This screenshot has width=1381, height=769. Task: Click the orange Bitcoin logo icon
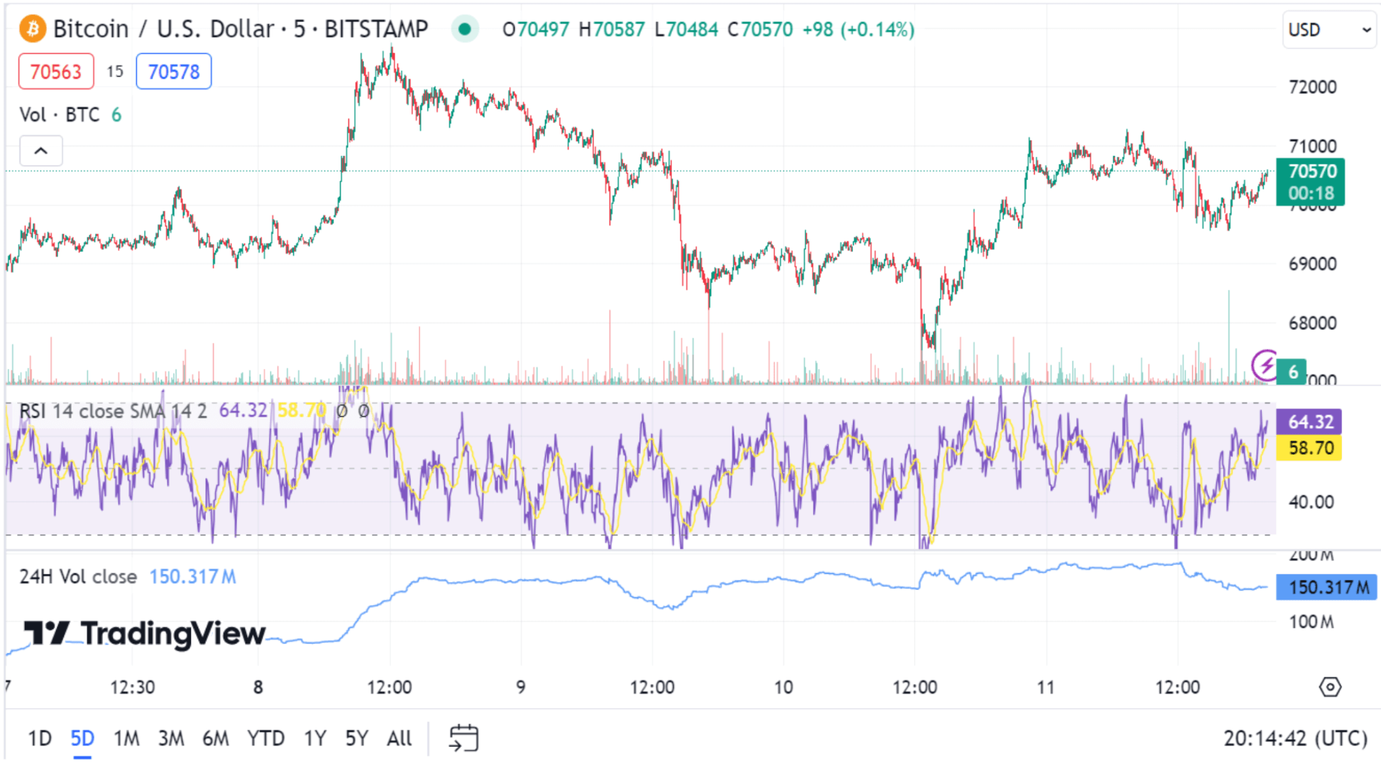point(33,29)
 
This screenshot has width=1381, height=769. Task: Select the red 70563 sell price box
point(56,72)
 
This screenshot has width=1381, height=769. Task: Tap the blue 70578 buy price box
point(174,72)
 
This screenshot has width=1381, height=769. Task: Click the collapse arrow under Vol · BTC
point(41,151)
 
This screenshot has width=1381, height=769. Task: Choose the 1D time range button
point(40,738)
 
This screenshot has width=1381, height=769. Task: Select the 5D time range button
point(82,738)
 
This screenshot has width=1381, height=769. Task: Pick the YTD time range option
point(265,738)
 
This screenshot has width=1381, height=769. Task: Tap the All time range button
point(399,738)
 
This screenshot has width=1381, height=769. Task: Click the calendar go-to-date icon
point(464,738)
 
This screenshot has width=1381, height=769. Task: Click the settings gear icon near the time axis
point(1330,687)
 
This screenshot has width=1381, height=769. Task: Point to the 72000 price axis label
point(1312,87)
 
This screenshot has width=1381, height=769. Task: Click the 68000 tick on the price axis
point(1312,323)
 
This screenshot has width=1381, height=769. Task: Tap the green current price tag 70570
point(1311,182)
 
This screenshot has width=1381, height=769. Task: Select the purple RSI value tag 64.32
point(1309,421)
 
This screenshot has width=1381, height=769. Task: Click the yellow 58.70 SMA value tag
point(1309,448)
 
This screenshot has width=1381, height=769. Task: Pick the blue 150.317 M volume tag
point(1326,587)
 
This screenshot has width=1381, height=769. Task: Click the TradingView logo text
point(145,633)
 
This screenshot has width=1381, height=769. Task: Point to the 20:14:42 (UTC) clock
point(1295,738)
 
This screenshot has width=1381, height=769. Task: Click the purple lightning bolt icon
point(1265,365)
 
